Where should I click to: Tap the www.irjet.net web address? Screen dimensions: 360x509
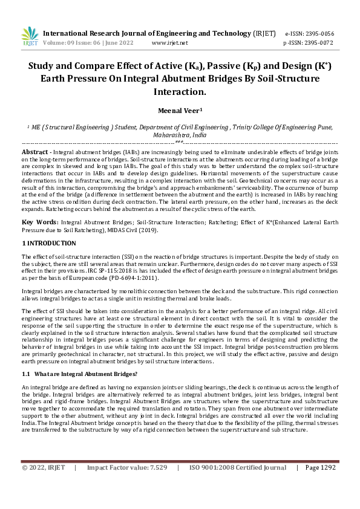pyautogui.click(x=169, y=44)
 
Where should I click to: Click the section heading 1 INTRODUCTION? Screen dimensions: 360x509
pyautogui.click(x=49, y=243)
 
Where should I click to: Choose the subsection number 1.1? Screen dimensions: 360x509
pyautogui.click(x=26, y=375)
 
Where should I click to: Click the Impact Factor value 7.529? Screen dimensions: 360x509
pyautogui.click(x=154, y=467)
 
